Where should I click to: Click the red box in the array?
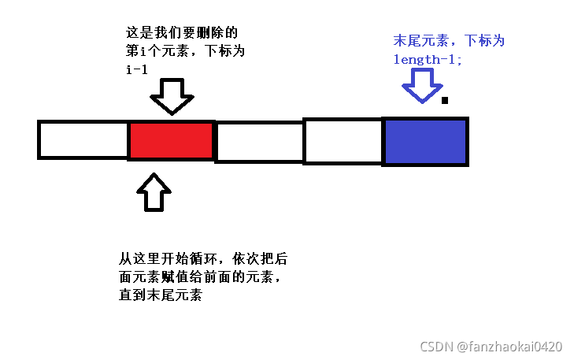pyautogui.click(x=171, y=140)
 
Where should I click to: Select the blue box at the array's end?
pyautogui.click(x=425, y=142)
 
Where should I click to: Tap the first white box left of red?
pyautogui.click(x=83, y=140)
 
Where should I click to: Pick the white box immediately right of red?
pyautogui.click(x=260, y=142)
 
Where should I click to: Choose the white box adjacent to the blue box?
pyautogui.click(x=343, y=142)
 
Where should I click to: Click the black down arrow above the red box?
pyautogui.click(x=171, y=96)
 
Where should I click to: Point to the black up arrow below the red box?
pyautogui.click(x=154, y=192)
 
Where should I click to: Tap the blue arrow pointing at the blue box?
pyautogui.click(x=423, y=85)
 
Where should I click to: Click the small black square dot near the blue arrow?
pyautogui.click(x=445, y=100)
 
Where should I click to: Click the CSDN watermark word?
pyautogui.click(x=434, y=347)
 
